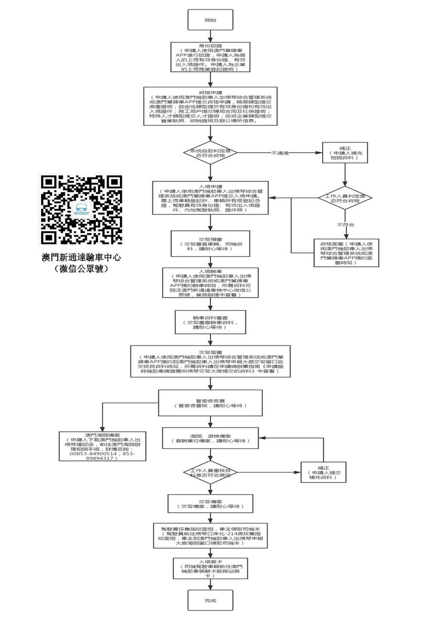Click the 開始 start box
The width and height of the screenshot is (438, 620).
(x=210, y=21)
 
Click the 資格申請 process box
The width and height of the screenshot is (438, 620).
(x=210, y=106)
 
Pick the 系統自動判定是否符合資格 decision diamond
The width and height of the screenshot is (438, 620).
(x=210, y=153)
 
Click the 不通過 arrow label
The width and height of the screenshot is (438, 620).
(x=280, y=153)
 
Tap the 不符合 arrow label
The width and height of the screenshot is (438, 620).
(x=346, y=225)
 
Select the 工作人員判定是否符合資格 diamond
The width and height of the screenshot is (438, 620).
(x=346, y=199)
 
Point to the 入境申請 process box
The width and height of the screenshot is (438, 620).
(x=210, y=198)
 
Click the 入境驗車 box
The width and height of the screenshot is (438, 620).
(x=210, y=282)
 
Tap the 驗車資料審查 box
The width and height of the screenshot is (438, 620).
(x=210, y=321)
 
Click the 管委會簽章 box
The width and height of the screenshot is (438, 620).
(x=210, y=402)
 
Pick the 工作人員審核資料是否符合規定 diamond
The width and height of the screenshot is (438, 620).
(x=210, y=472)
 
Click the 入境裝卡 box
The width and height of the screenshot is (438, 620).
(x=210, y=567)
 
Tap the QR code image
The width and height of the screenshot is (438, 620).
(x=81, y=209)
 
